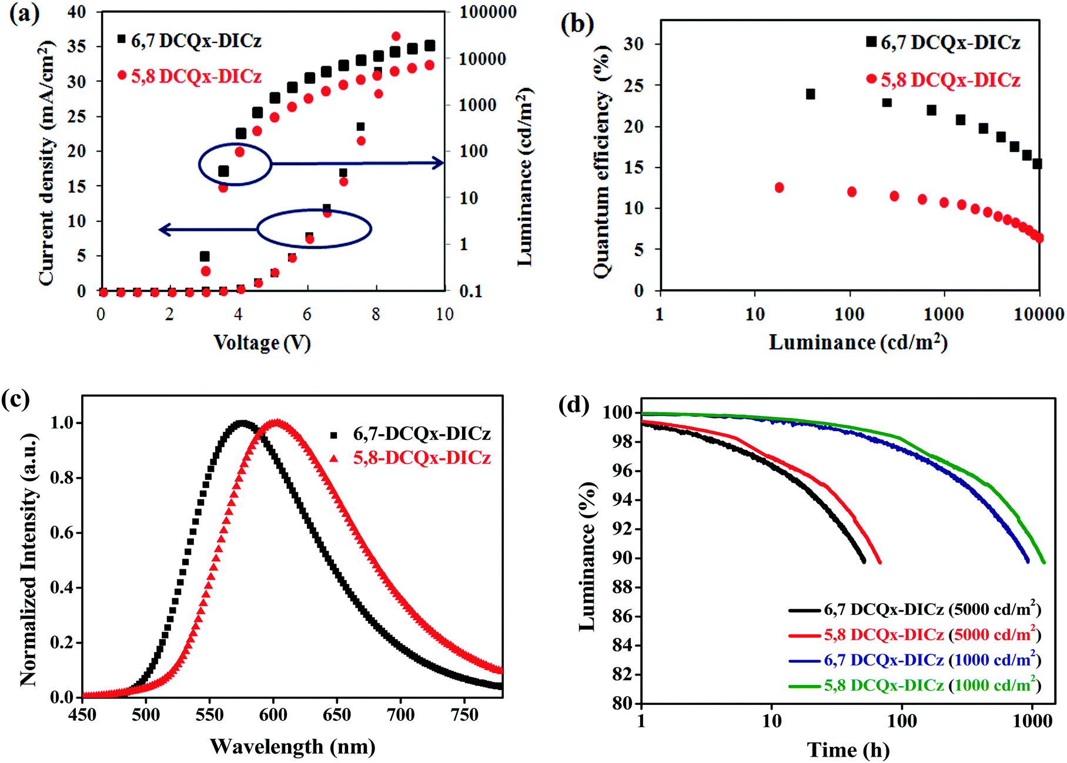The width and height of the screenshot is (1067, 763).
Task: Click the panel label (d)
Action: (573, 405)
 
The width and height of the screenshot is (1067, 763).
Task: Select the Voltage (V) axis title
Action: (262, 342)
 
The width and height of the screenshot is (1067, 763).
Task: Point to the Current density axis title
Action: (46, 163)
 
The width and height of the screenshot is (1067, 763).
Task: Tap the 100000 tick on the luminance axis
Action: (487, 12)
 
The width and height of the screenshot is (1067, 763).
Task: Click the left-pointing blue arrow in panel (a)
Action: (209, 229)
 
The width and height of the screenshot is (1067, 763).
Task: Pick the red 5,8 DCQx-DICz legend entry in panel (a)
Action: (189, 76)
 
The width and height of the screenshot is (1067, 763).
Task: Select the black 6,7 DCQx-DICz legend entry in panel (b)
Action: (942, 42)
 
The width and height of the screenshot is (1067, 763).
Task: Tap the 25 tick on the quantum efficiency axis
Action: (634, 86)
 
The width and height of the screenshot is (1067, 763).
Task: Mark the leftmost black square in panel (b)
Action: (810, 94)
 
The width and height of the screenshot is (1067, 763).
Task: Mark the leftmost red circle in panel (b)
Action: (779, 187)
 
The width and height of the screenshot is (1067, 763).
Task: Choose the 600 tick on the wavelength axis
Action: (273, 715)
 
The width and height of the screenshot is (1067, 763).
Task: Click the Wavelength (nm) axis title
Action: (292, 747)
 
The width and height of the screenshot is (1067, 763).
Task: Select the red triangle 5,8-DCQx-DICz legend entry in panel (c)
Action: (412, 458)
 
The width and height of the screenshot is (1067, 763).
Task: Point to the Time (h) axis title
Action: (848, 750)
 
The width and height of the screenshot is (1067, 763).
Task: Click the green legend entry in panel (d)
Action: (915, 685)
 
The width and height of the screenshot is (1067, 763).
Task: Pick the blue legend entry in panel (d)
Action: (915, 660)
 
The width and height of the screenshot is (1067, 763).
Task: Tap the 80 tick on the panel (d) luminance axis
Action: (623, 703)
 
